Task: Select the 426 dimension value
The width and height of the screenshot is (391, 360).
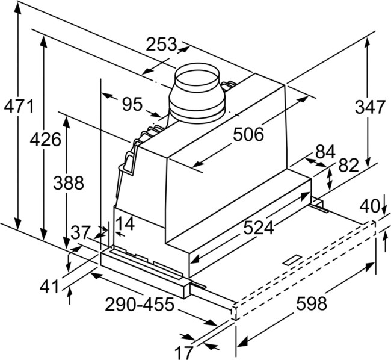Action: tap(47, 140)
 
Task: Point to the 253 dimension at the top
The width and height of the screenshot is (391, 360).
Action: tap(162, 44)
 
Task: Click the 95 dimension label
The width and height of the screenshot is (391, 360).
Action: tap(132, 104)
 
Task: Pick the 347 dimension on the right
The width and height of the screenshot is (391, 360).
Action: tap(368, 108)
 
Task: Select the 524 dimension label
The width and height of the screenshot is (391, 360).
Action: tap(258, 228)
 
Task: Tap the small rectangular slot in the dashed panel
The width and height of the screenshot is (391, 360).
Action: tap(294, 259)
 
